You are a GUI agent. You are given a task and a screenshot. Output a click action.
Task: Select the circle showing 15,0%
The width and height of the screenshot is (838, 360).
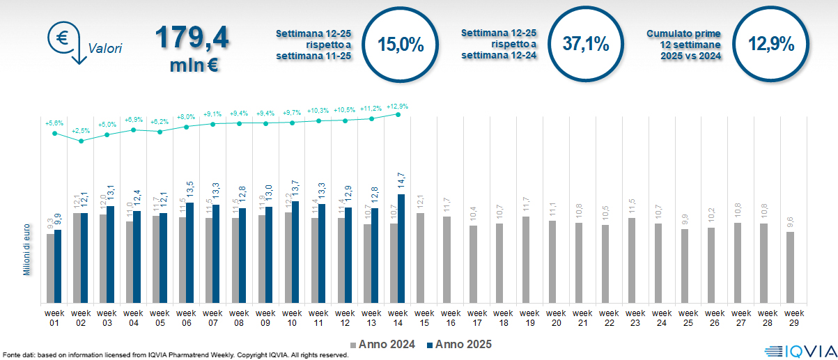[401, 45]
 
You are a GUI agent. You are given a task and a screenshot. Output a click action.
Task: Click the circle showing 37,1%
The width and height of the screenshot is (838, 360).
[586, 45]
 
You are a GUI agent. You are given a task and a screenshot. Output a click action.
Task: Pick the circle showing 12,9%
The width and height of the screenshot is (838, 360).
[771, 45]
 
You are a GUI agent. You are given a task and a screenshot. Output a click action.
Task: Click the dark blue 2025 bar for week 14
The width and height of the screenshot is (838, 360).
[401, 249]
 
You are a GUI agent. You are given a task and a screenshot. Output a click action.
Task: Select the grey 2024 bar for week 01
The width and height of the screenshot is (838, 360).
[50, 268]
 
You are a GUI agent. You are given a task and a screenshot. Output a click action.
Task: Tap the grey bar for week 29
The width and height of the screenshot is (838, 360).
[790, 267]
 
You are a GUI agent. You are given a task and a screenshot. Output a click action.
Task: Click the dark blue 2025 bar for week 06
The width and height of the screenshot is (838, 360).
[189, 253]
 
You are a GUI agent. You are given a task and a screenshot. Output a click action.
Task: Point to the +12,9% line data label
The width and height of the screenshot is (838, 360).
[397, 107]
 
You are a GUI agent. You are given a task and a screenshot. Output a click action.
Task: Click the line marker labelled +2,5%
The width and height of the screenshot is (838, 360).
[82, 141]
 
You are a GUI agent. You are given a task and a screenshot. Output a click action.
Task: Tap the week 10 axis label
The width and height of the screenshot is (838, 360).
[292, 318]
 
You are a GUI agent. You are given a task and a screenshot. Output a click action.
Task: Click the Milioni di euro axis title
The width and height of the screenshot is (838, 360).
[27, 249]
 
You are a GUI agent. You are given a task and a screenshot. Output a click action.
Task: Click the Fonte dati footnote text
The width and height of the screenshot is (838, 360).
[174, 355]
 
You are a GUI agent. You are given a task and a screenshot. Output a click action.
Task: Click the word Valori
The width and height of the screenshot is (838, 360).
[105, 49]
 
